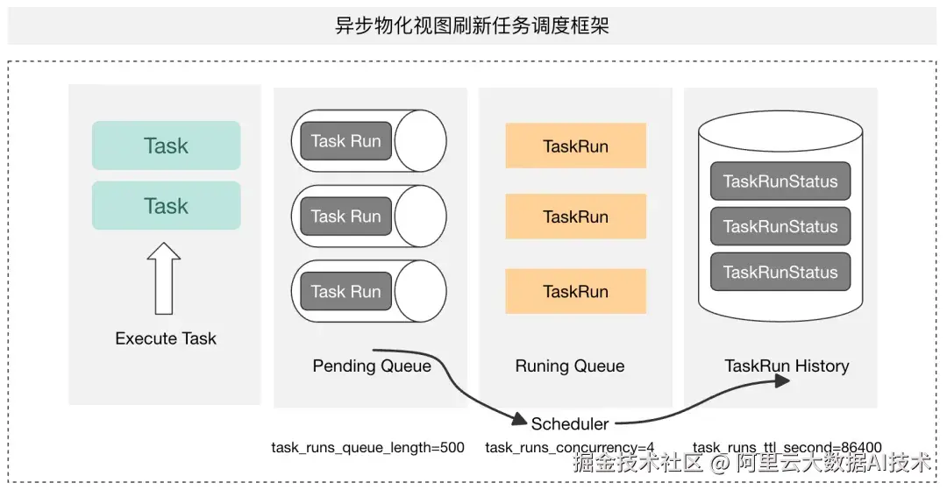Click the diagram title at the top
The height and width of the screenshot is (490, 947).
[472, 26]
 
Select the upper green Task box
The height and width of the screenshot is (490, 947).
[166, 146]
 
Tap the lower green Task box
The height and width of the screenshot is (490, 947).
[166, 206]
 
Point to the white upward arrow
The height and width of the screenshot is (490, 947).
[164, 278]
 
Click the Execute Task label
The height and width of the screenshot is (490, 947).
[166, 338]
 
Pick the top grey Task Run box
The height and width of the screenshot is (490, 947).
[346, 141]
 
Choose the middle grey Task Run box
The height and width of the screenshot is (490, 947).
[346, 216]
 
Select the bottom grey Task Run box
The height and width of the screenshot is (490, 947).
[346, 292]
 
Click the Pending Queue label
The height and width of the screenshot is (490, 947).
[372, 366]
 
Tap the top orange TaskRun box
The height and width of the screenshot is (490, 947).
[575, 146]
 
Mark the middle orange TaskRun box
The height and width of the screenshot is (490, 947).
[575, 217]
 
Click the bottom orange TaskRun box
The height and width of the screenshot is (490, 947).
[575, 292]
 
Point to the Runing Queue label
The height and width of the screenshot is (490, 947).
[570, 366]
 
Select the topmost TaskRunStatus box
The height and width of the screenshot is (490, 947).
[780, 181]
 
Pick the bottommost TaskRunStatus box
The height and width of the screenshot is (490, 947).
[780, 272]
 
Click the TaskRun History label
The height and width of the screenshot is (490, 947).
[787, 366]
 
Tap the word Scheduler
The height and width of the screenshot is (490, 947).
[570, 423]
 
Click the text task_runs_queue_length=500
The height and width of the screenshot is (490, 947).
[367, 448]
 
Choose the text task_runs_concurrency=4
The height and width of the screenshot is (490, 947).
[570, 448]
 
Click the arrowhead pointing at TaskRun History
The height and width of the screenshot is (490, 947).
[783, 380]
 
